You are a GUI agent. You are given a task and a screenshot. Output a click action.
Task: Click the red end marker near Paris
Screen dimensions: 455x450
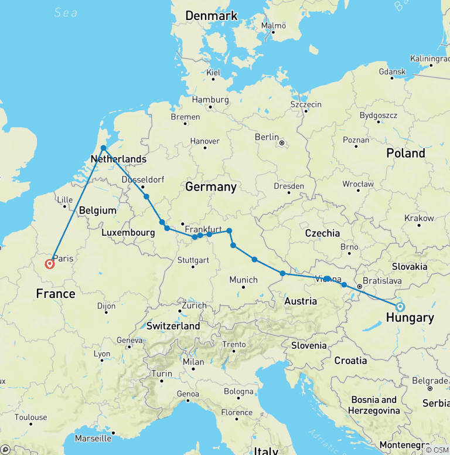click(50, 263)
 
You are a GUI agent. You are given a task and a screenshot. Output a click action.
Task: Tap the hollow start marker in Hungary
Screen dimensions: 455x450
click(400, 307)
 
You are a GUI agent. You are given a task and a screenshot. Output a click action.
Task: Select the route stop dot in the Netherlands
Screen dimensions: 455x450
click(103, 148)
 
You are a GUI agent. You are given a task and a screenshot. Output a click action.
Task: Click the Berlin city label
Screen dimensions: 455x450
click(267, 137)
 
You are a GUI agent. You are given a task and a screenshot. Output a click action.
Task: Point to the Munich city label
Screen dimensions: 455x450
click(243, 280)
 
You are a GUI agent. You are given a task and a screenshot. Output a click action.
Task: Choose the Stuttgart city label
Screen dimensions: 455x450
click(193, 260)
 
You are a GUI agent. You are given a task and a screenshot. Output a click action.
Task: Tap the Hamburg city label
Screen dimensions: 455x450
click(209, 100)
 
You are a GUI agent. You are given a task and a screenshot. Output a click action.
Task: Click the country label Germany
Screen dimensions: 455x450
click(210, 187)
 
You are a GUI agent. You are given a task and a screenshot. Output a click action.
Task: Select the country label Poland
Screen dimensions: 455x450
click(405, 153)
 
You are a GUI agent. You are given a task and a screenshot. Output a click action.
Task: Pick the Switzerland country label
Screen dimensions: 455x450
click(173, 326)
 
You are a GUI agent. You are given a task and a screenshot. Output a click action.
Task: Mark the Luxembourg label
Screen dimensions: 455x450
click(128, 232)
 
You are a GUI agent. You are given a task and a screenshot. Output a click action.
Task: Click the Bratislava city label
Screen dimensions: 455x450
click(382, 281)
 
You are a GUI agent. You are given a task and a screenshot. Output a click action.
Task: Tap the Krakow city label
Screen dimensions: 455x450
click(419, 218)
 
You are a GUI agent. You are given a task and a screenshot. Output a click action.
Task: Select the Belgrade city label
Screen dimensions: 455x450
click(429, 380)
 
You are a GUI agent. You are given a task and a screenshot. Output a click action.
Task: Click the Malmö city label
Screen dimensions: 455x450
click(274, 26)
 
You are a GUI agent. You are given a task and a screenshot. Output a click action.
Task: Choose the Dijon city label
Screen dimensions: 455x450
click(106, 305)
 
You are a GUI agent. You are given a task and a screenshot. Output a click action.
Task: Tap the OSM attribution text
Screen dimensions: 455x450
click(437, 450)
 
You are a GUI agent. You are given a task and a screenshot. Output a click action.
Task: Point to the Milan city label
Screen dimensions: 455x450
click(193, 362)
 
